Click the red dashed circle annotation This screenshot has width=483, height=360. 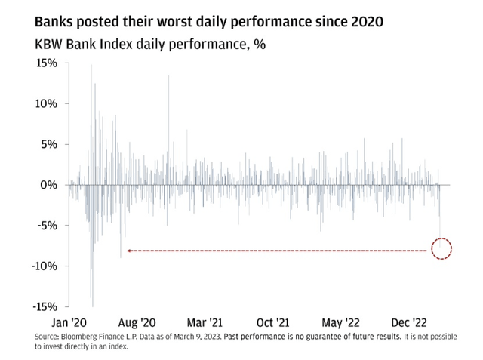[441, 249]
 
